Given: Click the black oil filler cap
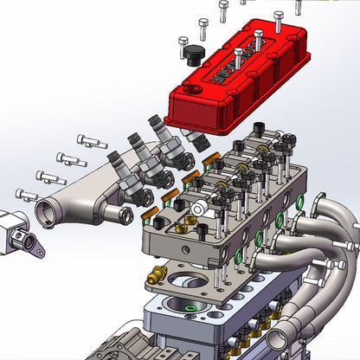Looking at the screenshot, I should [192, 56].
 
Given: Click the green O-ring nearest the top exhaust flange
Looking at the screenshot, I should [299, 201].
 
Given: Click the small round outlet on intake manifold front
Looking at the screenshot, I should [111, 212].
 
